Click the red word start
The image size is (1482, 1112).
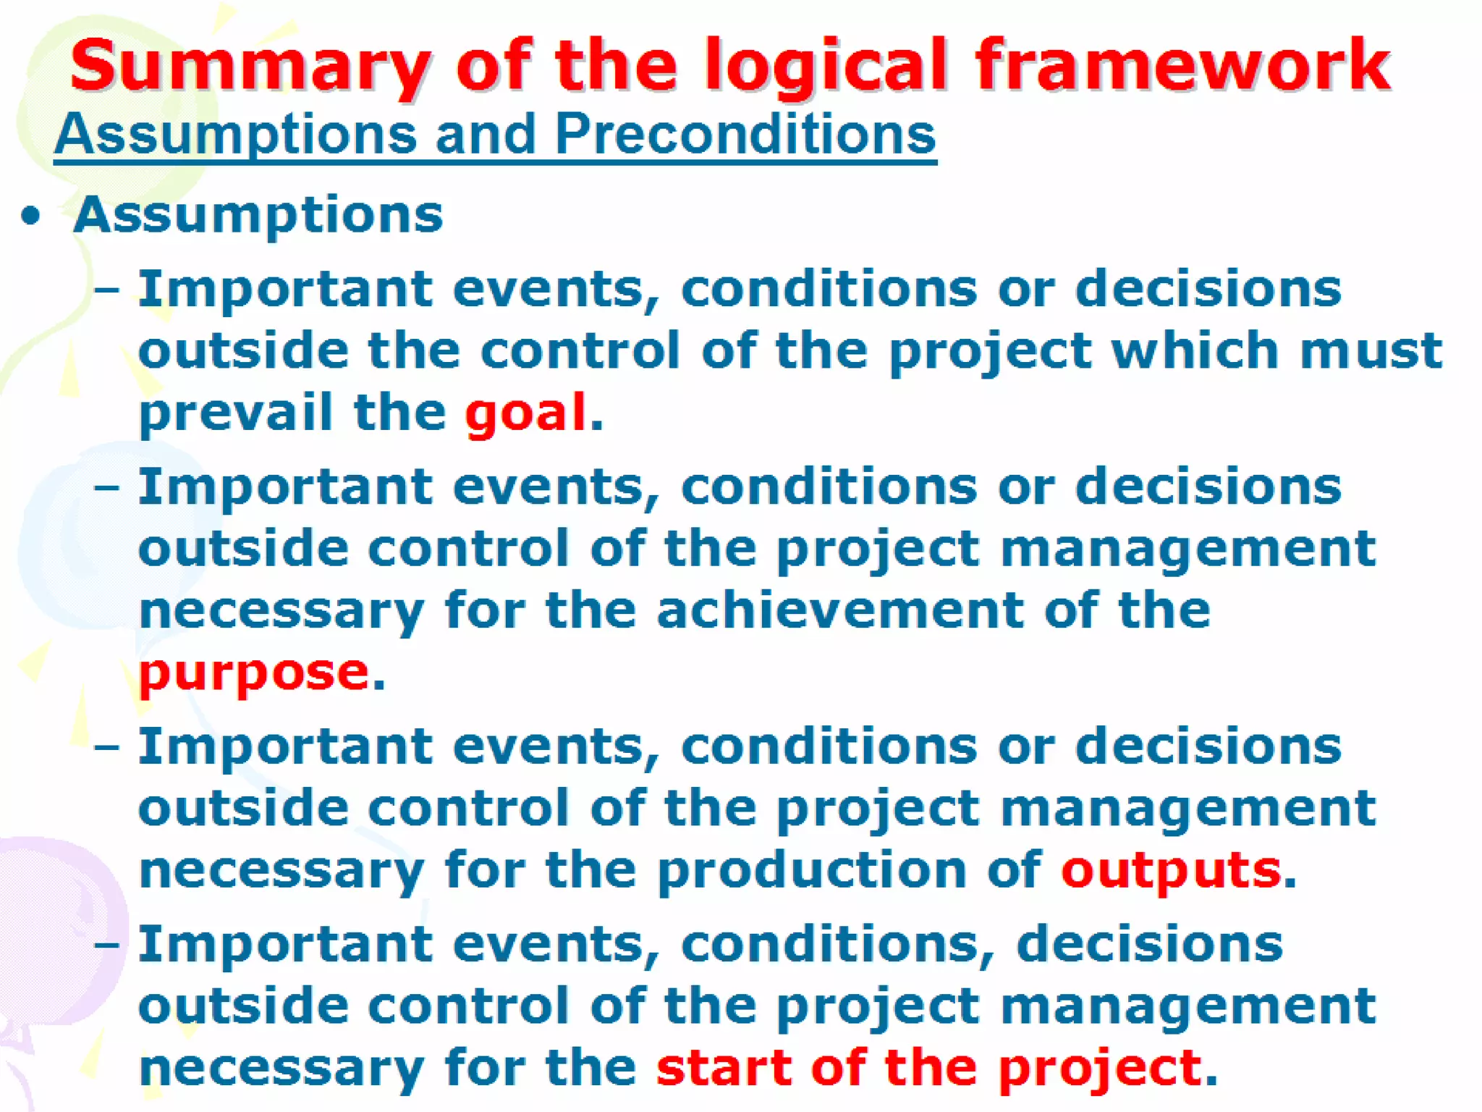pyautogui.click(x=724, y=1068)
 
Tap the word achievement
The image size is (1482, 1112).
pyautogui.click(x=839, y=610)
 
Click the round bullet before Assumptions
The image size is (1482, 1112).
pyautogui.click(x=30, y=216)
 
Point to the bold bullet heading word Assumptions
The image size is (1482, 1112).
pyautogui.click(x=258, y=216)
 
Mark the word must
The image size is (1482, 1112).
pyautogui.click(x=1371, y=350)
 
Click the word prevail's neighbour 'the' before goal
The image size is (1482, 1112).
pyautogui.click(x=399, y=413)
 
